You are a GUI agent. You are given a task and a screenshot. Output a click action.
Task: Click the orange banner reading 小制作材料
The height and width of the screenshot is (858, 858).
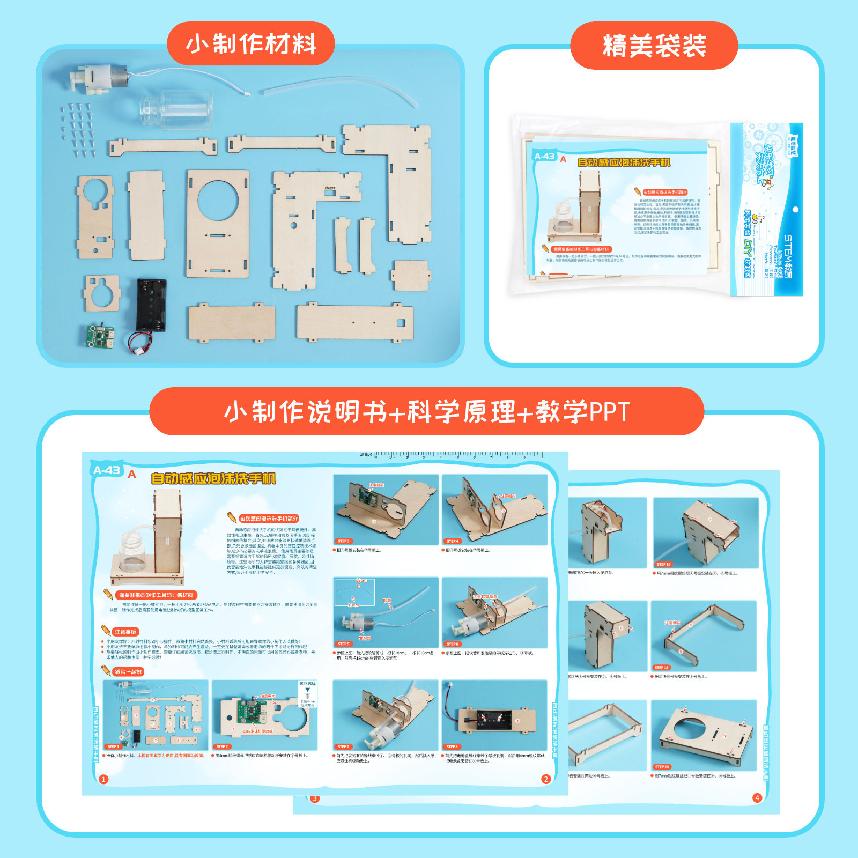coord(250,44)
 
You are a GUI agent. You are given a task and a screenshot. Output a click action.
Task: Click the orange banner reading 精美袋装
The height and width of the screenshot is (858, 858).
coord(654,46)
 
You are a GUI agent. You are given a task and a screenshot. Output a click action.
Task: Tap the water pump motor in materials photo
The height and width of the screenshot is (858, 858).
coord(99,79)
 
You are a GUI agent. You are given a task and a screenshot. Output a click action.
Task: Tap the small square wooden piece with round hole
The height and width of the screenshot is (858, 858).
coord(101,293)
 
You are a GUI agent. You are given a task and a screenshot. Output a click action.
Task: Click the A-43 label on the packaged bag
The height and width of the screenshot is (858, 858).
coord(544,157)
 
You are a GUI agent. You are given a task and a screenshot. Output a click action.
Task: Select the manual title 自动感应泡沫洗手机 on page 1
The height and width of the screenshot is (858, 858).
coord(213,478)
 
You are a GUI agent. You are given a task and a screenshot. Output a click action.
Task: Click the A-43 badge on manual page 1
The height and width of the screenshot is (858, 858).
coord(107,470)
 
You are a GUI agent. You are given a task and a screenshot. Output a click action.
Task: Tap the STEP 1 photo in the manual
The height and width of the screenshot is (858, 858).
coord(156,715)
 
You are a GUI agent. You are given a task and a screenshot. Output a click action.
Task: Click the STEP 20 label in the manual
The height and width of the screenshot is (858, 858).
coord(662,767)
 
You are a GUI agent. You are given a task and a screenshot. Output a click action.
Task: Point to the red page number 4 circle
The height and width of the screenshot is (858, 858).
coord(757,798)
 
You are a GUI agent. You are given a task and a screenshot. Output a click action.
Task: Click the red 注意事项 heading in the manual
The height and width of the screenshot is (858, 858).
coord(125,632)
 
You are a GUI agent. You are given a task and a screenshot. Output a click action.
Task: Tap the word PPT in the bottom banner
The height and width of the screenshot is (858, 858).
coord(609,412)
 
